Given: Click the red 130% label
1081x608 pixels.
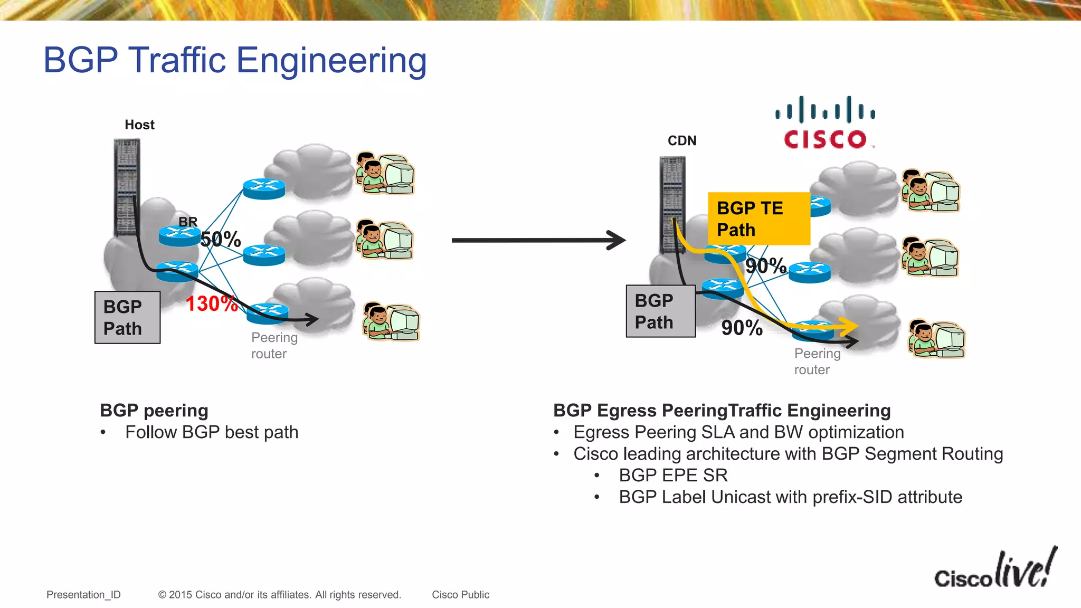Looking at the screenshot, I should pyautogui.click(x=212, y=304).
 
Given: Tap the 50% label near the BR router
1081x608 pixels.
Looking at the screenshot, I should pyautogui.click(x=221, y=239).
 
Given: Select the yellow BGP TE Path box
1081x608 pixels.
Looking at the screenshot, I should pyautogui.click(x=758, y=218).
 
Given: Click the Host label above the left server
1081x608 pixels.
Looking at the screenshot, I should pyautogui.click(x=139, y=125).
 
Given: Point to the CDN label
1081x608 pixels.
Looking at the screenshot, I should pyautogui.click(x=682, y=140).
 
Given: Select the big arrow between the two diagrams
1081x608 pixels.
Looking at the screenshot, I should pyautogui.click(x=538, y=240).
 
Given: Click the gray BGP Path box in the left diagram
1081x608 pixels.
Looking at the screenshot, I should pyautogui.click(x=127, y=317).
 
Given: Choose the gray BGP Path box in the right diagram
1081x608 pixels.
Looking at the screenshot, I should pyautogui.click(x=660, y=311).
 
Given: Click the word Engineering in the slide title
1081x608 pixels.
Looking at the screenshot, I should pyautogui.click(x=331, y=60).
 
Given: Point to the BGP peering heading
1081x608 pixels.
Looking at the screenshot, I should pyautogui.click(x=154, y=410).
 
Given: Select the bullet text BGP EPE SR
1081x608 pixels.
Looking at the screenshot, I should pyautogui.click(x=673, y=475).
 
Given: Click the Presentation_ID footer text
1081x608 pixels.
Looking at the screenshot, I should pyautogui.click(x=83, y=594).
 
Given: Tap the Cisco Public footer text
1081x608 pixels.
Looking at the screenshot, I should pyautogui.click(x=460, y=594).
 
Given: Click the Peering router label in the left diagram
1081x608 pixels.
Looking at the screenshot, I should pyautogui.click(x=274, y=345).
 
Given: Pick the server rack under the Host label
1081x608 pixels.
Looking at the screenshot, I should pyautogui.click(x=127, y=187).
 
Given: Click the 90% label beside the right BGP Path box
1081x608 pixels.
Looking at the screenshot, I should pyautogui.click(x=742, y=328).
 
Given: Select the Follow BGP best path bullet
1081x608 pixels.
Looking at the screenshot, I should pyautogui.click(x=212, y=432).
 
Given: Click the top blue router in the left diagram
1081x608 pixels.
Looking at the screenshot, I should pyautogui.click(x=264, y=188).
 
